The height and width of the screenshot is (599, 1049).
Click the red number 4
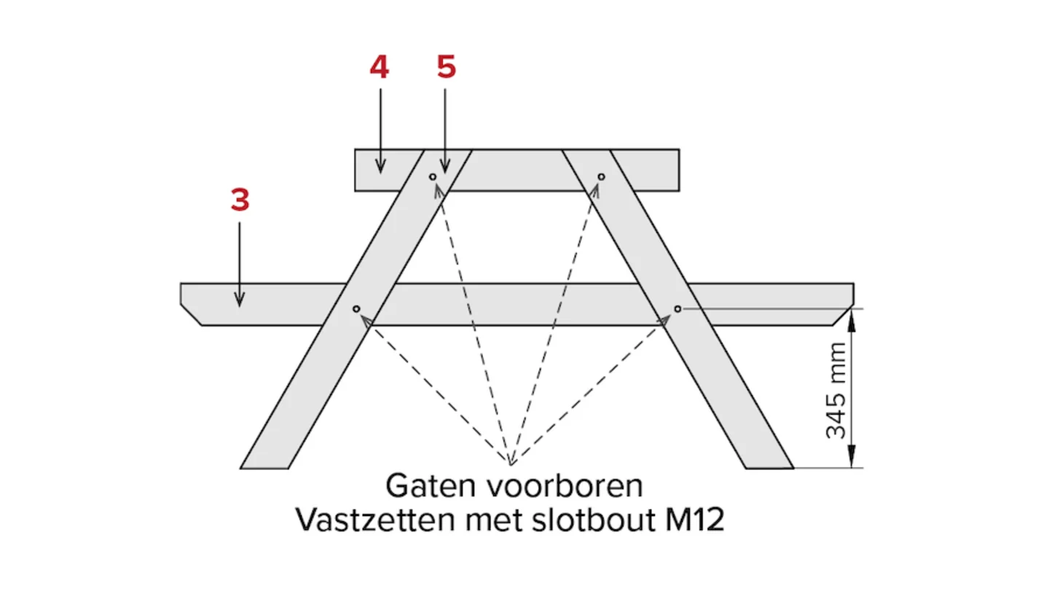(379, 67)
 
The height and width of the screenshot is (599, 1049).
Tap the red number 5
(446, 67)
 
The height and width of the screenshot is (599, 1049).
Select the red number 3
(240, 200)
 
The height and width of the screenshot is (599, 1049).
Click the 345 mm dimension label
(837, 391)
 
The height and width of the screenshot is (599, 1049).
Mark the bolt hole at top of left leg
(433, 176)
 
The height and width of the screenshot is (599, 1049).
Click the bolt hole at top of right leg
(601, 176)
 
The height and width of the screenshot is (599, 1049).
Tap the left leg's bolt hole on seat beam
(356, 309)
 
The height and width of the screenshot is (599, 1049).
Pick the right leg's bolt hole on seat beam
(677, 309)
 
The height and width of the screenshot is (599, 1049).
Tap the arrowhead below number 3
(239, 300)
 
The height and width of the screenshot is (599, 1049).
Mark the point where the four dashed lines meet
(511, 463)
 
